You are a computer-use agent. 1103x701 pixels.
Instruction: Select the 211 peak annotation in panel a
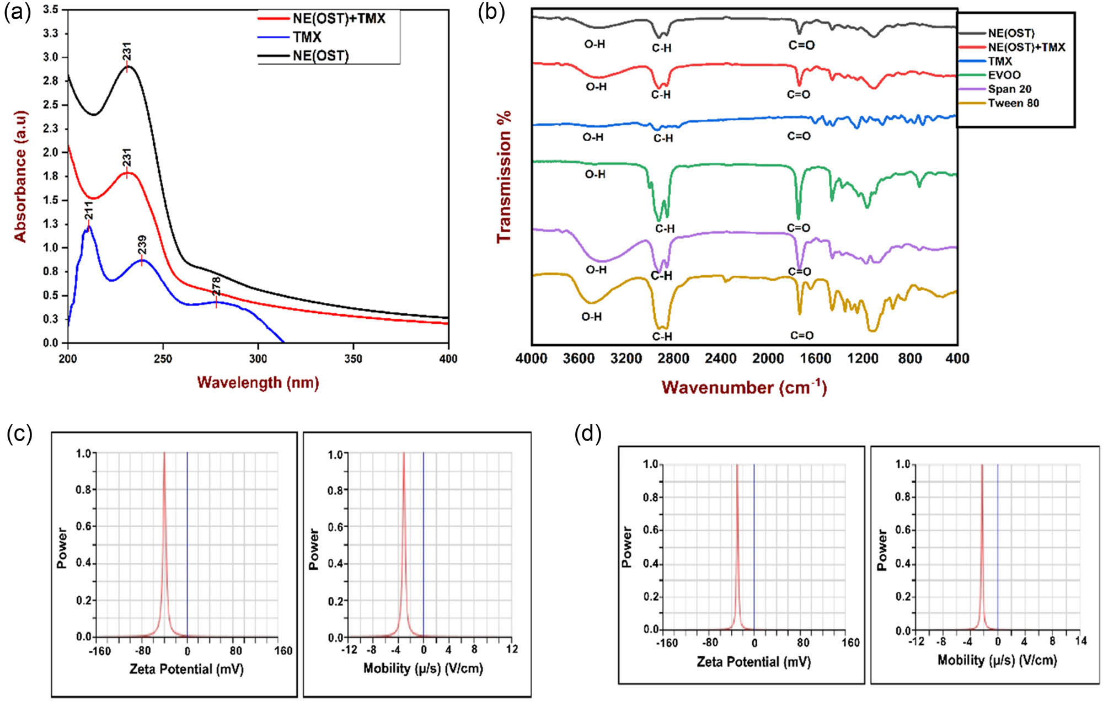88,211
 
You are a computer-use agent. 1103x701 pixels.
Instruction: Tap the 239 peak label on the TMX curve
142,246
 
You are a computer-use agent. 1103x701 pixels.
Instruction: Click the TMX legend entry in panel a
307,38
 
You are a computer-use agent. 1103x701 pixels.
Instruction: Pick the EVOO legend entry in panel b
1004,75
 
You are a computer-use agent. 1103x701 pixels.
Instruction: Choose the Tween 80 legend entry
1013,103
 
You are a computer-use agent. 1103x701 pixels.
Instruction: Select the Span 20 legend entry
1009,89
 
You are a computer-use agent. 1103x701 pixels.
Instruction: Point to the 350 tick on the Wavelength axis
353,359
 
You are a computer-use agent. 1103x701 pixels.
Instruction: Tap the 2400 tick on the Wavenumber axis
720,359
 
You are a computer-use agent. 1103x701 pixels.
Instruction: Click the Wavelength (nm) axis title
258,382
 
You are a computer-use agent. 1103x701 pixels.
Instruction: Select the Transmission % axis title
504,176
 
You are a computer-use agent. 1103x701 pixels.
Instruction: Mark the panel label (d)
588,434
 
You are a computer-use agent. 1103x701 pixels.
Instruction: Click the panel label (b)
491,12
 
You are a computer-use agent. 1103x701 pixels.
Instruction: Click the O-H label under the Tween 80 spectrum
591,317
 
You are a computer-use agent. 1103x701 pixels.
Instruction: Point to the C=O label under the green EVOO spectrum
799,228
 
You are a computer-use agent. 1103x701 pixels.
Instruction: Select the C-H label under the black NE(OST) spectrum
661,49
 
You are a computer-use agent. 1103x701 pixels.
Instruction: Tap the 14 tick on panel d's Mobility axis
1080,641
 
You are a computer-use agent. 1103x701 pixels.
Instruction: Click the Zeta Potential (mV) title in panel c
186,669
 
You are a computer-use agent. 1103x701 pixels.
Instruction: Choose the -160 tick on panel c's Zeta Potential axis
99,651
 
